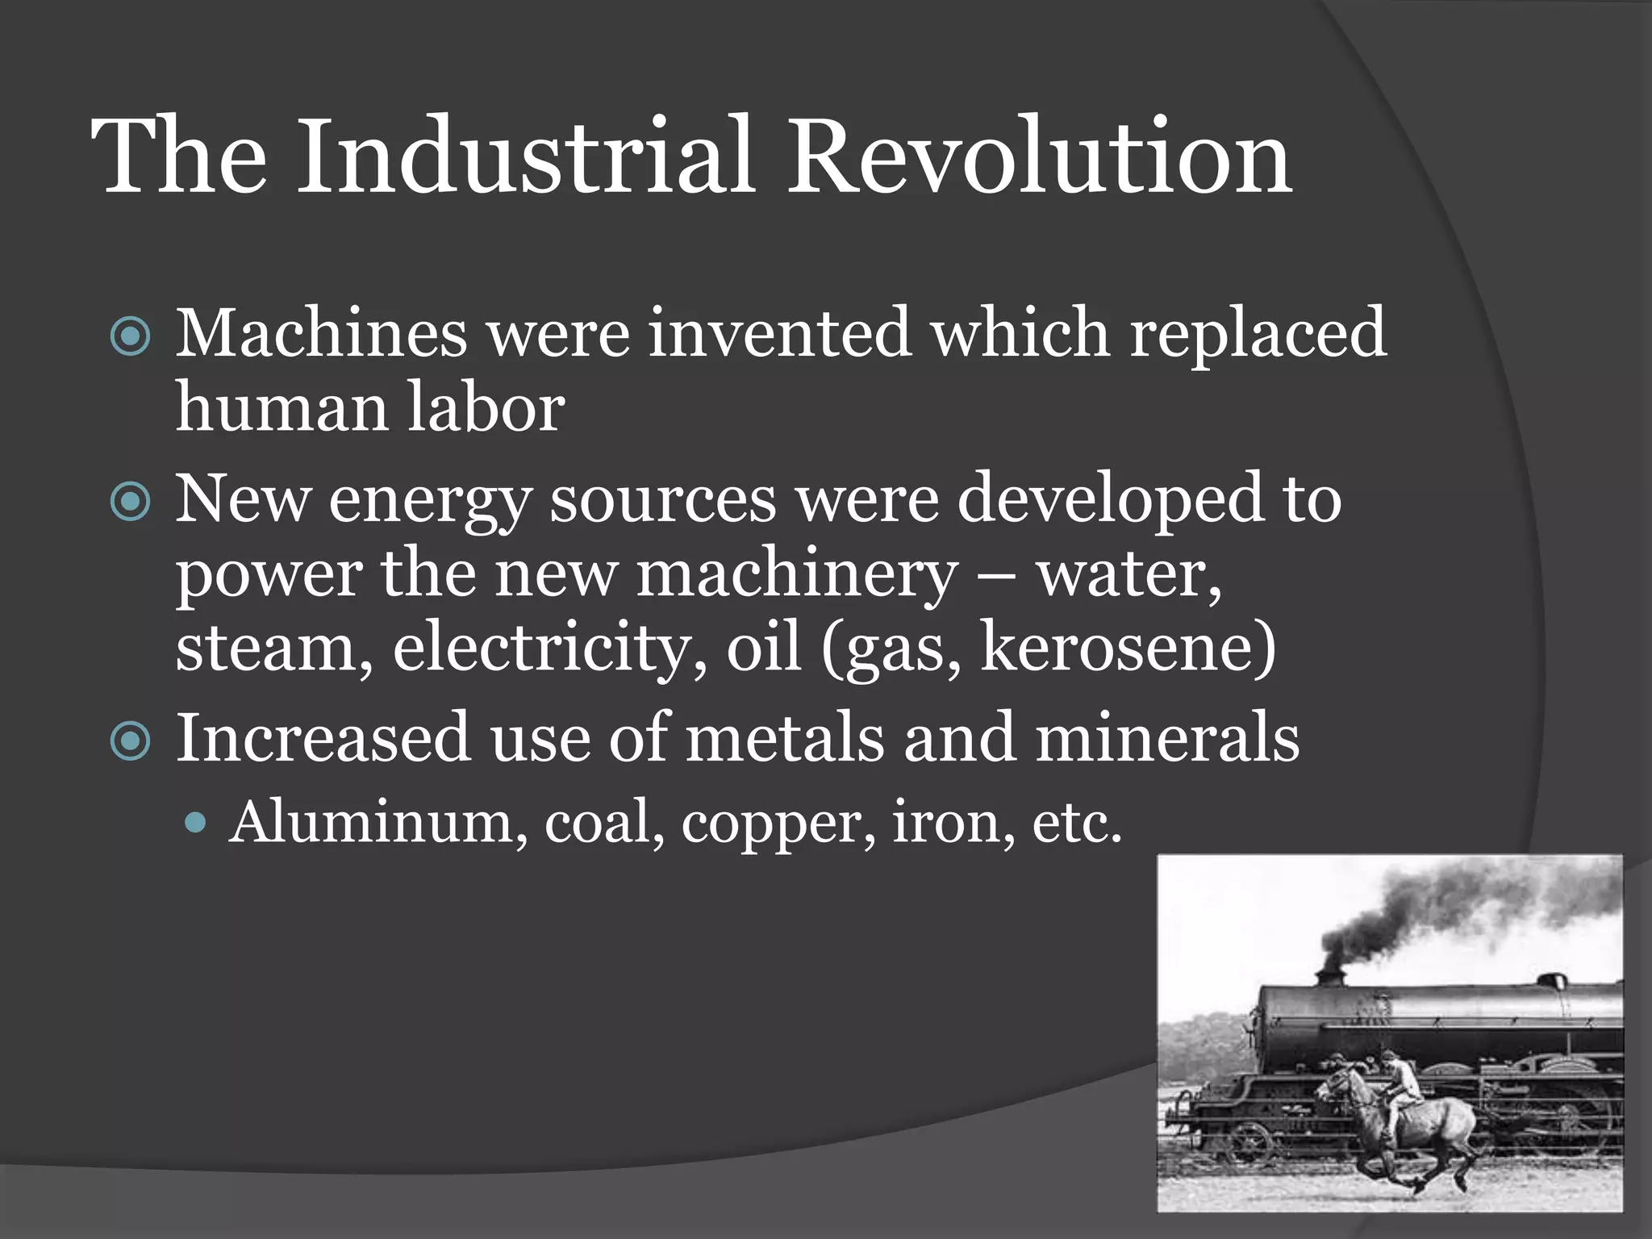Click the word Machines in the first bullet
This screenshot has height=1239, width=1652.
click(x=321, y=332)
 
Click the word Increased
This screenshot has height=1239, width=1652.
click(x=323, y=737)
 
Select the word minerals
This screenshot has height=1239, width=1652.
click(x=1166, y=737)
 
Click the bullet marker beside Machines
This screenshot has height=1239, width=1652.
click(x=130, y=337)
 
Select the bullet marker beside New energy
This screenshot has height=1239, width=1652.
click(x=130, y=503)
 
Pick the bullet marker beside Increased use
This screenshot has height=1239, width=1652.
click(x=130, y=740)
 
